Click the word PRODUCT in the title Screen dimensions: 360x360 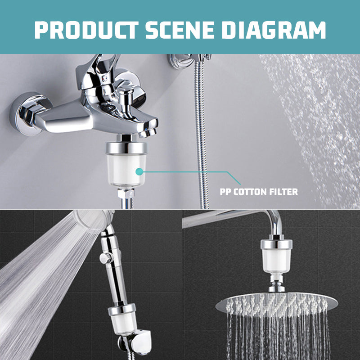pos(86,30)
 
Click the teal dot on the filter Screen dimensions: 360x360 pos(139,171)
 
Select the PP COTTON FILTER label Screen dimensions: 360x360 pos(259,192)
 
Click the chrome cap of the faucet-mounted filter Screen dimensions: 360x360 pos(126,148)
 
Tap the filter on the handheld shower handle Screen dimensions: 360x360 pos(123,319)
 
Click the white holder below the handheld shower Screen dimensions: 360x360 pos(139,342)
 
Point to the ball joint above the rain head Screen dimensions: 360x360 pos(276,283)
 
